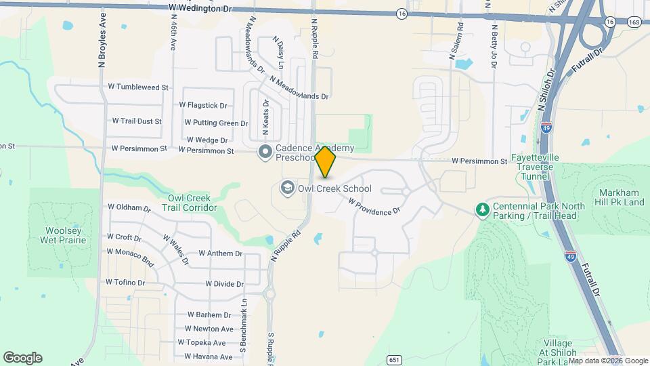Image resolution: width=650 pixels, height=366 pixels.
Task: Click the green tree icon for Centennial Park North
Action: click(482, 210)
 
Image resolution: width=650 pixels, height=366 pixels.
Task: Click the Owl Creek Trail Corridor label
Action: click(192, 203)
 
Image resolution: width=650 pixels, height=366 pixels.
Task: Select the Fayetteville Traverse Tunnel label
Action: click(539, 166)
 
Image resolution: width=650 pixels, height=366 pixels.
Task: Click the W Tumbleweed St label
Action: click(137, 87)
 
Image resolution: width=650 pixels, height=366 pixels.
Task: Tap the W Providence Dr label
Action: click(374, 207)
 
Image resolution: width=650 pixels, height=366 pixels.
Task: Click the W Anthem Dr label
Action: click(220, 253)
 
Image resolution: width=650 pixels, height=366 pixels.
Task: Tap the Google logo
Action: click(22, 358)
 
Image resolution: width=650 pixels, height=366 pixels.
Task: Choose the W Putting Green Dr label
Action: click(216, 123)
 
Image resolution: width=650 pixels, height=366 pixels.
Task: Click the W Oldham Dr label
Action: click(129, 207)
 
